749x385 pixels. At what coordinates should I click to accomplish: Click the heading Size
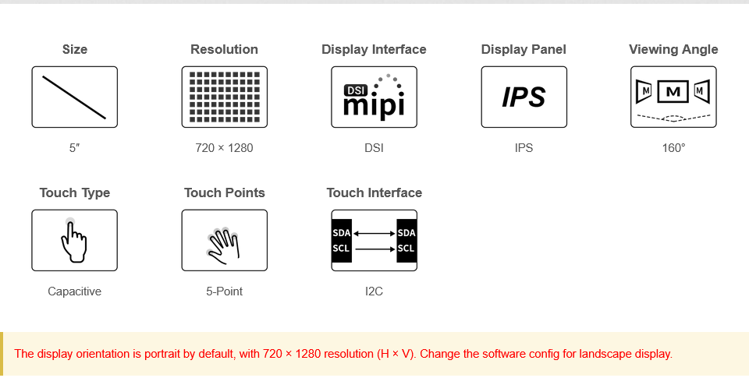pos(75,49)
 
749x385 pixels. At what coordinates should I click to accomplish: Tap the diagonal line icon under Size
pos(74,97)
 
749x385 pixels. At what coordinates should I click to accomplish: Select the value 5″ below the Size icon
pos(75,148)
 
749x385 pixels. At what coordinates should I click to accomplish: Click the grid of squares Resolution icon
pos(225,97)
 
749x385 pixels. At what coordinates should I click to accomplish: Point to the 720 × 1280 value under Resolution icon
pos(224,148)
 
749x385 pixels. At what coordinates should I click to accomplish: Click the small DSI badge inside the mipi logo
pos(355,90)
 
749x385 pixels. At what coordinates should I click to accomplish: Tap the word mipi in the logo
pos(374,106)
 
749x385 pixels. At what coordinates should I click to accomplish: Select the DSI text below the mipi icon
pos(374,148)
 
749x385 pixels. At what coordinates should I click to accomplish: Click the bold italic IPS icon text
pos(524,97)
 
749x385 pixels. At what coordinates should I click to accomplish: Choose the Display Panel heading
pos(524,49)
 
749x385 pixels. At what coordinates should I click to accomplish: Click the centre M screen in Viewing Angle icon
pos(673,91)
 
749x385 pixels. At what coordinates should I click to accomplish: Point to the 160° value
pos(673,148)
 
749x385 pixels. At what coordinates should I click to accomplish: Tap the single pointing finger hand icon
pos(74,241)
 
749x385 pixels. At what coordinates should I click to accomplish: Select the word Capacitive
pos(75,291)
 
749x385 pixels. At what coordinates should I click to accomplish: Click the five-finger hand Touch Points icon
pos(222,242)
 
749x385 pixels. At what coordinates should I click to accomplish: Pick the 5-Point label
pos(224,291)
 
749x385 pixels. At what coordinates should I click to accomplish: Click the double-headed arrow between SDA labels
pos(374,233)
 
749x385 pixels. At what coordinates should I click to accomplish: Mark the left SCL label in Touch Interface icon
pos(341,248)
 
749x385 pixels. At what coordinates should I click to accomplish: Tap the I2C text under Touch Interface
pos(374,291)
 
